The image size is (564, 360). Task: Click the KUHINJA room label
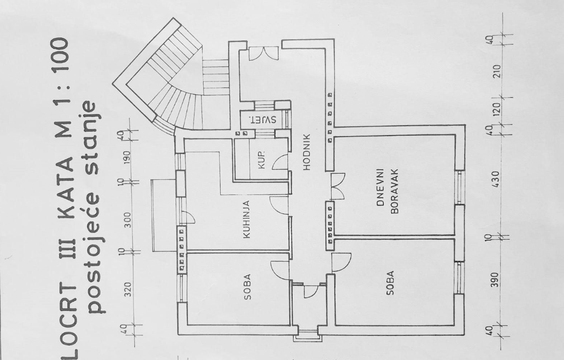click(x=247, y=220)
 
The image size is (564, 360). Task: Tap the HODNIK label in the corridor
click(x=306, y=152)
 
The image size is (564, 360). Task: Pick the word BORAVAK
click(x=394, y=191)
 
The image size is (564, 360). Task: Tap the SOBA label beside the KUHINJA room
click(x=247, y=287)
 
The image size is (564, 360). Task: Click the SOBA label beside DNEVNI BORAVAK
click(x=390, y=283)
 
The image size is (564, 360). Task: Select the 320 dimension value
click(x=128, y=289)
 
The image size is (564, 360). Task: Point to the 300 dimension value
click(x=128, y=220)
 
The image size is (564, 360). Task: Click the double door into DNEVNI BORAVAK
click(x=337, y=186)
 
